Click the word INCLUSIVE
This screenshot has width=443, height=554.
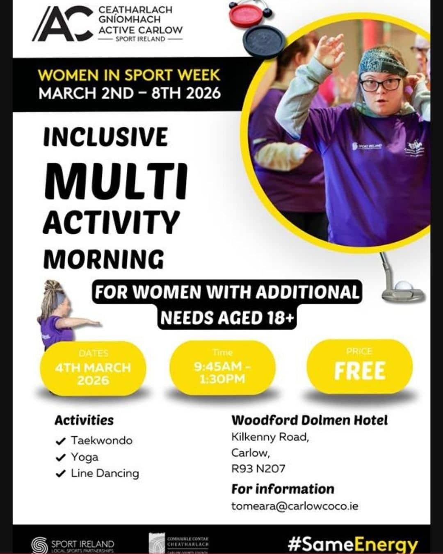click(105, 137)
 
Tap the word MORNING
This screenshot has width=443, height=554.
click(104, 259)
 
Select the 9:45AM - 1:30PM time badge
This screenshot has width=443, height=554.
click(222, 368)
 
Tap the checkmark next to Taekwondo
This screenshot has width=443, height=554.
click(60, 441)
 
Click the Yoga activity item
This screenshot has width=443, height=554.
click(84, 457)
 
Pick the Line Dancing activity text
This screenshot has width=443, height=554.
click(105, 473)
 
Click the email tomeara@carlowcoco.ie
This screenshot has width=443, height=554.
click(295, 506)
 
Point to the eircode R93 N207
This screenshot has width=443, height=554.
click(258, 468)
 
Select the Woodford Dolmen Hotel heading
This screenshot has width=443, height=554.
click(309, 420)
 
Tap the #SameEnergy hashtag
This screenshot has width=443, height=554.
click(352, 545)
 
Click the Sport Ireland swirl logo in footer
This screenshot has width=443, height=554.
click(40, 545)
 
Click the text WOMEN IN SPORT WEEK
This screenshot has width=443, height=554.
click(129, 76)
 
